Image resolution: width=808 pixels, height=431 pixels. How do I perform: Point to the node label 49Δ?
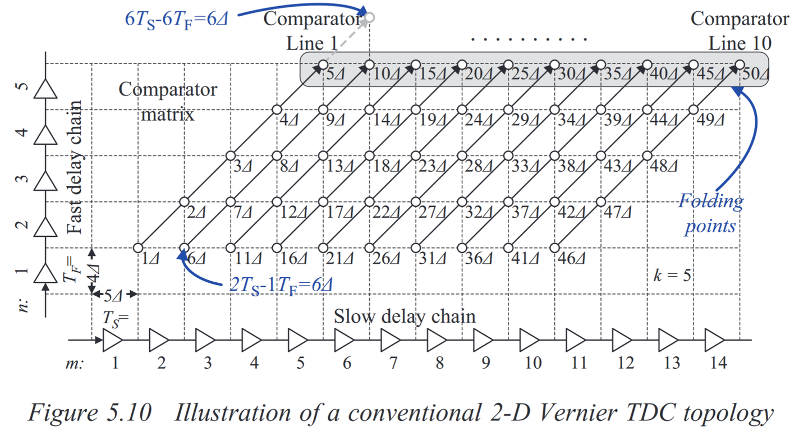710,121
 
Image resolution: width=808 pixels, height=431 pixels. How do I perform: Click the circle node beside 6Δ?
184,247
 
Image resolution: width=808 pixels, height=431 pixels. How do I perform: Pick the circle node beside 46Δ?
554,247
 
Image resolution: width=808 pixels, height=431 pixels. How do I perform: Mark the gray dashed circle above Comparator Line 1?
369,18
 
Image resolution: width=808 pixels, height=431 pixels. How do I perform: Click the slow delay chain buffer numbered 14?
714,340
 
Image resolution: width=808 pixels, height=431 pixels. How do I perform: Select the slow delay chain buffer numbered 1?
113,340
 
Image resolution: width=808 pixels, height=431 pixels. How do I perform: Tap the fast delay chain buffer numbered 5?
46,89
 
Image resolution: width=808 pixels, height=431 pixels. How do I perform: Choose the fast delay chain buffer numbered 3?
46,181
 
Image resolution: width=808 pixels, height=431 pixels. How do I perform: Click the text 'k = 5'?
672,275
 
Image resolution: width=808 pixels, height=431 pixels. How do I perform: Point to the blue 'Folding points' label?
710,213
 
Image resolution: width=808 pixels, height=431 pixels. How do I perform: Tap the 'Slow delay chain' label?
405,316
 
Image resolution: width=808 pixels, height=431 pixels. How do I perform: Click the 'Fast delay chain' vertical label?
74,167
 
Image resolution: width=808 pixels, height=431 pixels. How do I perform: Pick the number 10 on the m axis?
531,363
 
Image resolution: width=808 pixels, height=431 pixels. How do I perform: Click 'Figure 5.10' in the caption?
90,414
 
